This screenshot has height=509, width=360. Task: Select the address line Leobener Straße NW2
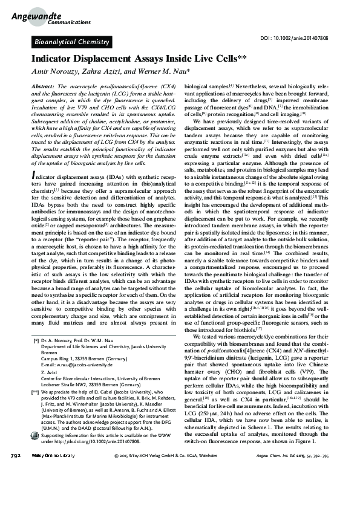click(90, 384)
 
